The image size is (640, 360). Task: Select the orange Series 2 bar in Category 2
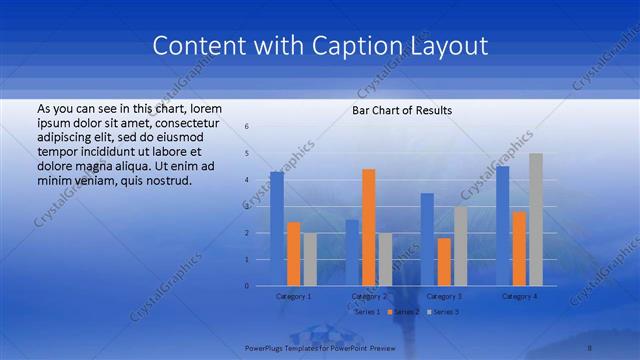(368, 227)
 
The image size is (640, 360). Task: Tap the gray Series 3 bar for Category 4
(535, 219)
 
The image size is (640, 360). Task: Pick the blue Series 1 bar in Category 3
(427, 239)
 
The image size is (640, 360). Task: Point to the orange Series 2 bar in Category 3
(443, 261)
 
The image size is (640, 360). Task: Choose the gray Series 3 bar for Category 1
(309, 259)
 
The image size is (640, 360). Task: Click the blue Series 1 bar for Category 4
(502, 225)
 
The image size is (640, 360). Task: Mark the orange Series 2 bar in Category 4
(519, 248)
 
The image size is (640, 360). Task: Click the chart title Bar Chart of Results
(402, 110)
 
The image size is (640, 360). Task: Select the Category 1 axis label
(293, 296)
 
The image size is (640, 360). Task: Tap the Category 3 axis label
(444, 296)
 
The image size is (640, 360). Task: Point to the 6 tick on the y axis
(247, 127)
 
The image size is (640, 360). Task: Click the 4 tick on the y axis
(247, 180)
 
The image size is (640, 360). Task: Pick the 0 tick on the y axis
(247, 286)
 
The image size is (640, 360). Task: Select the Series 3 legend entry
(446, 312)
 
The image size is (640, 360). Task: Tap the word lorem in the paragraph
(204, 108)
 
